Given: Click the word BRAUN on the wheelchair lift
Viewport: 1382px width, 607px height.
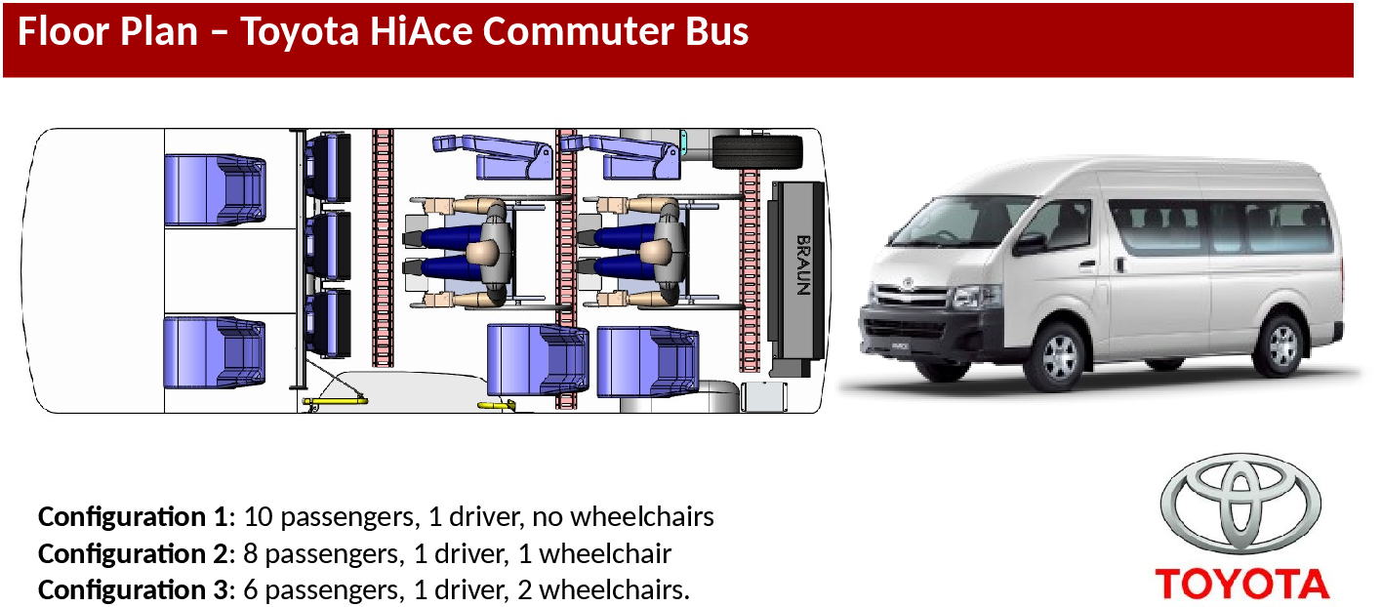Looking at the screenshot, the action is pyautogui.click(x=802, y=265).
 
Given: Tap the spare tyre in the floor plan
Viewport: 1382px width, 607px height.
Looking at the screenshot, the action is pyautogui.click(x=757, y=152).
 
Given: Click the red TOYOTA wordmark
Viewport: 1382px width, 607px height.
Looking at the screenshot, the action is pyautogui.click(x=1242, y=584).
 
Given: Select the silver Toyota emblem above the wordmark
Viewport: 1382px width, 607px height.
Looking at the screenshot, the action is pyautogui.click(x=1240, y=503).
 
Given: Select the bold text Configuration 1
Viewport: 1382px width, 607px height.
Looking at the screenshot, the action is pyautogui.click(x=133, y=517).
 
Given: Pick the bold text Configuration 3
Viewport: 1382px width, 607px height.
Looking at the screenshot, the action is pyautogui.click(x=133, y=589).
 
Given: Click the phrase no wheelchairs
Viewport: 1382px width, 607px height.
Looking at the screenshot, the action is pyautogui.click(x=623, y=517).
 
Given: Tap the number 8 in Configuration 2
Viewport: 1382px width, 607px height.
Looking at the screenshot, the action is pyautogui.click(x=250, y=553).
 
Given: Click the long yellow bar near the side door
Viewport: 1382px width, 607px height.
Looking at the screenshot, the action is pyautogui.click(x=335, y=401).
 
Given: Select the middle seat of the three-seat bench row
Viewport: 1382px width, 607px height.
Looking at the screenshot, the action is pyautogui.click(x=329, y=246).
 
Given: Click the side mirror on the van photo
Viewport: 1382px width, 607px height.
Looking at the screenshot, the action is pyautogui.click(x=1029, y=244).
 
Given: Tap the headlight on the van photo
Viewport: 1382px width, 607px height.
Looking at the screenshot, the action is pyautogui.click(x=975, y=298).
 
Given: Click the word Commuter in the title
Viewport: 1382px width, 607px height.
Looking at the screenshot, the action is pyautogui.click(x=579, y=31).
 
